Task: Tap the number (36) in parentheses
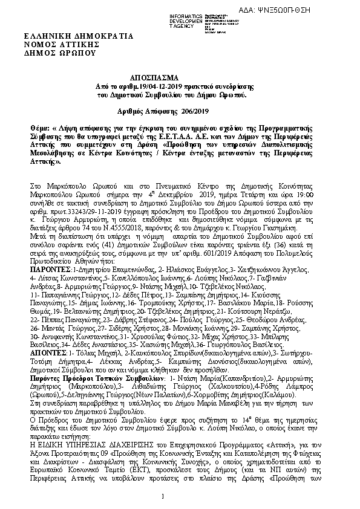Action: click(x=292, y=236)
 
